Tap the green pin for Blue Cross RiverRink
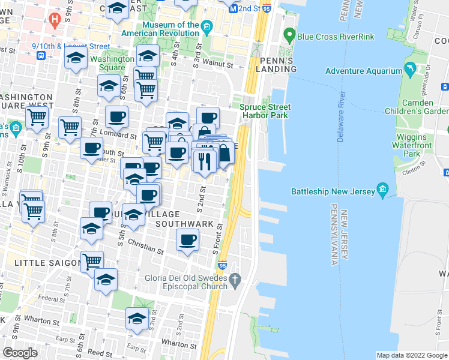tap(289, 36)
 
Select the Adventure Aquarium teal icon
tap(410, 71)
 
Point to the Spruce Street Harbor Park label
tap(265, 111)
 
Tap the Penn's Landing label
tap(278, 65)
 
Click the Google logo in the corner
tap(20, 352)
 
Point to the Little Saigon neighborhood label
tap(40, 263)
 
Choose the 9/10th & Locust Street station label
tap(71, 46)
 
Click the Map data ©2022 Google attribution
tap(411, 355)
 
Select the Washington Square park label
tap(112, 64)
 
